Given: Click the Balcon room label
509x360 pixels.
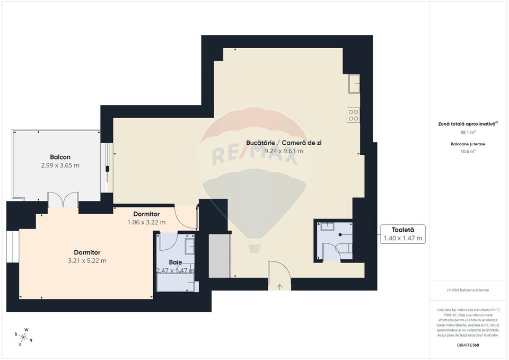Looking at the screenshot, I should point(60,157).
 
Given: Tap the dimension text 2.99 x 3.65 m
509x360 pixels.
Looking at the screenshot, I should point(60,165).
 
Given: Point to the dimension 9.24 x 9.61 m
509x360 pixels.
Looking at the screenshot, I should point(284,151).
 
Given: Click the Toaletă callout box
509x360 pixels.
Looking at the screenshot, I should point(402,234).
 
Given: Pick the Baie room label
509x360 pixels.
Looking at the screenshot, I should point(175,262).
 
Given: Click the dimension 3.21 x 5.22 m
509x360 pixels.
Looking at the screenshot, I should point(87,261).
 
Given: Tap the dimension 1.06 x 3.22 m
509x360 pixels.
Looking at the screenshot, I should point(146,222).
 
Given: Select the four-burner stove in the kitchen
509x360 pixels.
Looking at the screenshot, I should point(353,115).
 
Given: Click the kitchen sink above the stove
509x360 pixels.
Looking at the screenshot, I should point(353,84).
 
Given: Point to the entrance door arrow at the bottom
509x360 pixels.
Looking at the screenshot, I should point(279,287).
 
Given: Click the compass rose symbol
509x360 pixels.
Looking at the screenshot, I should point(23,335).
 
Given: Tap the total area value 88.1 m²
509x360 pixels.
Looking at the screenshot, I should point(468,132).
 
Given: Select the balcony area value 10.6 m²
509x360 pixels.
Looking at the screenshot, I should point(468,151).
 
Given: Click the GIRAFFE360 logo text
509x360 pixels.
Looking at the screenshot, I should point(468,345).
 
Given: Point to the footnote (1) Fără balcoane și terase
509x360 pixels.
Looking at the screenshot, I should point(468,290).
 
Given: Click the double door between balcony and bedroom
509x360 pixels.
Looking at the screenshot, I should point(63,200).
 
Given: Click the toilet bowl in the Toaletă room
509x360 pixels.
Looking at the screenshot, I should point(344,248).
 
